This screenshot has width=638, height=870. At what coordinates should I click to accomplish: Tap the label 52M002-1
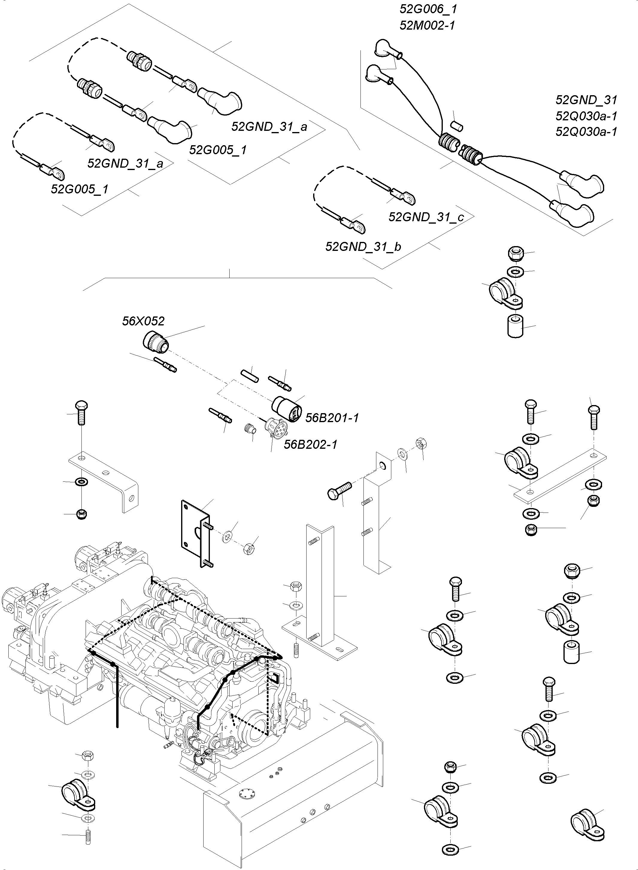coord(427,25)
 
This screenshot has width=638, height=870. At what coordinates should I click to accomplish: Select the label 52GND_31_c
coord(426,217)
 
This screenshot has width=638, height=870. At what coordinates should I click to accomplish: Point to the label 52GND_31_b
coord(363,246)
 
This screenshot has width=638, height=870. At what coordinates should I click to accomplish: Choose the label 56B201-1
coord(332,418)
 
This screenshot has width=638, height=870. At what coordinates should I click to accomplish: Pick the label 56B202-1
coord(310,445)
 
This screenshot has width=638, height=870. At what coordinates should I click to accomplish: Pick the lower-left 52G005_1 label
coord(80,189)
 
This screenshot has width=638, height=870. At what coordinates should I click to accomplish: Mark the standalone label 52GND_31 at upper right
coord(586,100)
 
